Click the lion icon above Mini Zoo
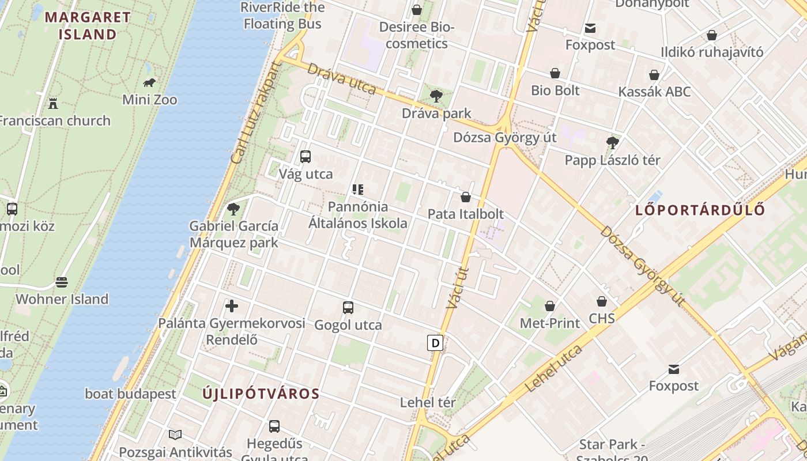coord(149,83)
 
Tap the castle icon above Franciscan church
coord(53,104)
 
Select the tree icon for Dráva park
coord(436,96)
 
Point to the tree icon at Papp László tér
coord(612,142)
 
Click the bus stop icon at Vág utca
coord(306,156)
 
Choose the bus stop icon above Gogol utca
coord(348,307)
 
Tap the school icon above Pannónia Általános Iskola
coord(357,189)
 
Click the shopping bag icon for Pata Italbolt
coord(465,197)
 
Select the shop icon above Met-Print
coord(549,306)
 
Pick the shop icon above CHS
coord(601,301)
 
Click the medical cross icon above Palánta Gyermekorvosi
coord(232,306)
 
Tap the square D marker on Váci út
coord(435,343)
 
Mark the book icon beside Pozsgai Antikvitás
coord(175,434)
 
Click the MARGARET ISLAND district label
coord(88,25)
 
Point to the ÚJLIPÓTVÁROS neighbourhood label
coord(261,394)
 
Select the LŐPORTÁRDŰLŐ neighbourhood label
coord(700,210)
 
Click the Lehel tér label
coord(428,402)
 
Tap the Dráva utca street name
coord(341,78)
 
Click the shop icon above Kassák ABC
coord(654,75)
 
